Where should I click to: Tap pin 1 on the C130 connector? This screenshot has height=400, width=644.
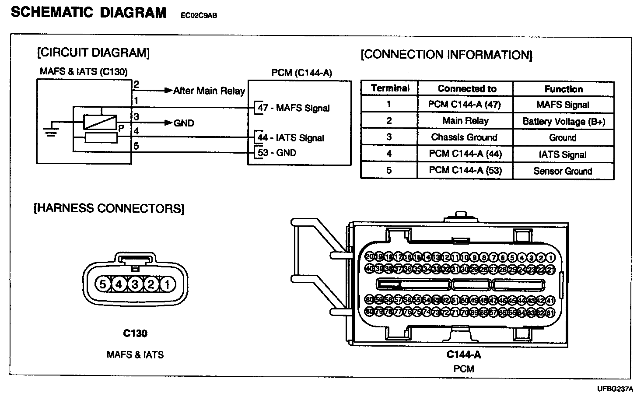(x=167, y=284)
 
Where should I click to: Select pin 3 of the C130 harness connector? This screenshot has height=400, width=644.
(x=135, y=284)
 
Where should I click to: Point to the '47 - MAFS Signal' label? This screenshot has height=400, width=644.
(x=294, y=108)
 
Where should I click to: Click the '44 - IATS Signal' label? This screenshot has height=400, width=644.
(x=291, y=137)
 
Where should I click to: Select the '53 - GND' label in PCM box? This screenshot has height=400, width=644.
(x=277, y=153)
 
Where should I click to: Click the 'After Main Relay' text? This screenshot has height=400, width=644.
(x=209, y=91)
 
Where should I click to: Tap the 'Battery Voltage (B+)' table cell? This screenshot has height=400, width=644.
(x=563, y=121)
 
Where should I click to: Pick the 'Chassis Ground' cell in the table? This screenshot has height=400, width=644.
(x=464, y=137)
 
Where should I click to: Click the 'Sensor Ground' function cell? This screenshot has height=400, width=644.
(x=563, y=171)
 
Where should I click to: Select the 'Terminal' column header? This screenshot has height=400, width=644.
(x=390, y=88)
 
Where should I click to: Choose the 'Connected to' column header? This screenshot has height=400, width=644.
(x=467, y=88)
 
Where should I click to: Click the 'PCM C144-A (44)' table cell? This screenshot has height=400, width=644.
(x=465, y=154)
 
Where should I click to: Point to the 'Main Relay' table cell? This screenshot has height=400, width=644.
(x=465, y=120)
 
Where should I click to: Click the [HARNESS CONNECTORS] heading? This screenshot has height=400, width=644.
(x=108, y=208)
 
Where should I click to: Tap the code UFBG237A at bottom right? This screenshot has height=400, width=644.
(x=615, y=389)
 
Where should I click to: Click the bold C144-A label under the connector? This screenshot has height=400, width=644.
(x=464, y=354)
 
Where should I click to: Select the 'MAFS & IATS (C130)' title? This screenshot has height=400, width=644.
(x=84, y=71)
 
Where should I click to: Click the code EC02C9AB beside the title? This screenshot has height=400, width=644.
(x=199, y=16)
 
